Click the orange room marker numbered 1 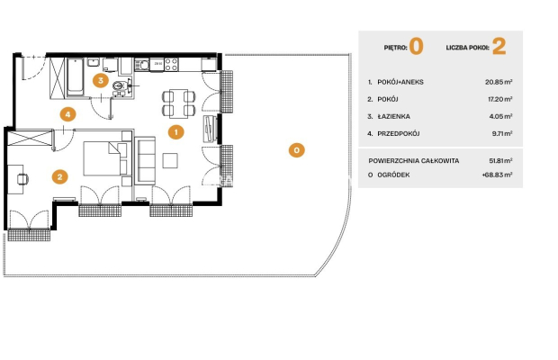click(x=175, y=132)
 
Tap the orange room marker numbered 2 click(x=59, y=176)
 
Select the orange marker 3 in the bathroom click(x=101, y=80)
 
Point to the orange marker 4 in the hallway click(x=67, y=114)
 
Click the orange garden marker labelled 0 click(x=296, y=150)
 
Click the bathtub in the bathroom click(x=75, y=77)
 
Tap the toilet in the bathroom click(x=118, y=85)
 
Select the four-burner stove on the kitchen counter click(x=171, y=65)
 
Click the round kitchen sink click(x=143, y=65)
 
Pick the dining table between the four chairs click(x=178, y=103)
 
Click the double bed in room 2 click(x=105, y=158)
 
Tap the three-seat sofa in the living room click(x=145, y=160)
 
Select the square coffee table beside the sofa click(x=170, y=160)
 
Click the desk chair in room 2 click(x=22, y=179)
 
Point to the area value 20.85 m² click(x=499, y=82)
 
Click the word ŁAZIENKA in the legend click(x=393, y=116)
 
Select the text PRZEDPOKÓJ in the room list click(x=398, y=133)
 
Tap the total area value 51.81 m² click(x=500, y=161)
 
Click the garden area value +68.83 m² click(x=497, y=175)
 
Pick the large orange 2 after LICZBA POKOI click(x=499, y=47)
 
